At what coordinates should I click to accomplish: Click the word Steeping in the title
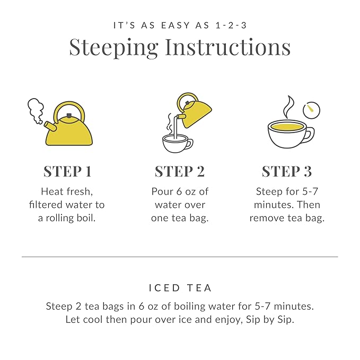point(113,48)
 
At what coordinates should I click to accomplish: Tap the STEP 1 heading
point(67,171)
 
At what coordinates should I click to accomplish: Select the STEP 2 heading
point(180,171)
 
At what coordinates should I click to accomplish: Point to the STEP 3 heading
point(287,171)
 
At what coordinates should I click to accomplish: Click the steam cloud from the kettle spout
point(36,110)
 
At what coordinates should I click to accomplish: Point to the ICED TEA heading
point(180,288)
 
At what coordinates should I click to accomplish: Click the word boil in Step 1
point(85,218)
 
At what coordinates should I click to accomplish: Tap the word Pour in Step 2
point(162,191)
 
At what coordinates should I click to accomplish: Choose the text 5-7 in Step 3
point(310,191)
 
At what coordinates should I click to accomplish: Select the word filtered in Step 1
point(48,205)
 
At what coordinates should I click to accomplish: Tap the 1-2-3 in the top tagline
point(232,25)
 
